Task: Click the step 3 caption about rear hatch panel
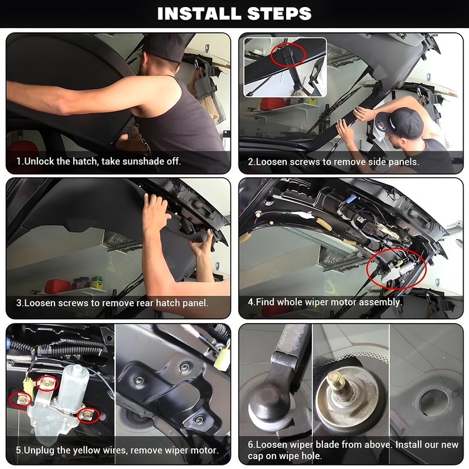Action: [x=112, y=303]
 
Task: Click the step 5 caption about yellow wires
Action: [x=117, y=450]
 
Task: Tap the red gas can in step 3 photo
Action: [x=57, y=287]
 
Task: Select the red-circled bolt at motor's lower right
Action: [x=87, y=416]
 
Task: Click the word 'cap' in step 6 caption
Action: [x=257, y=456]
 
